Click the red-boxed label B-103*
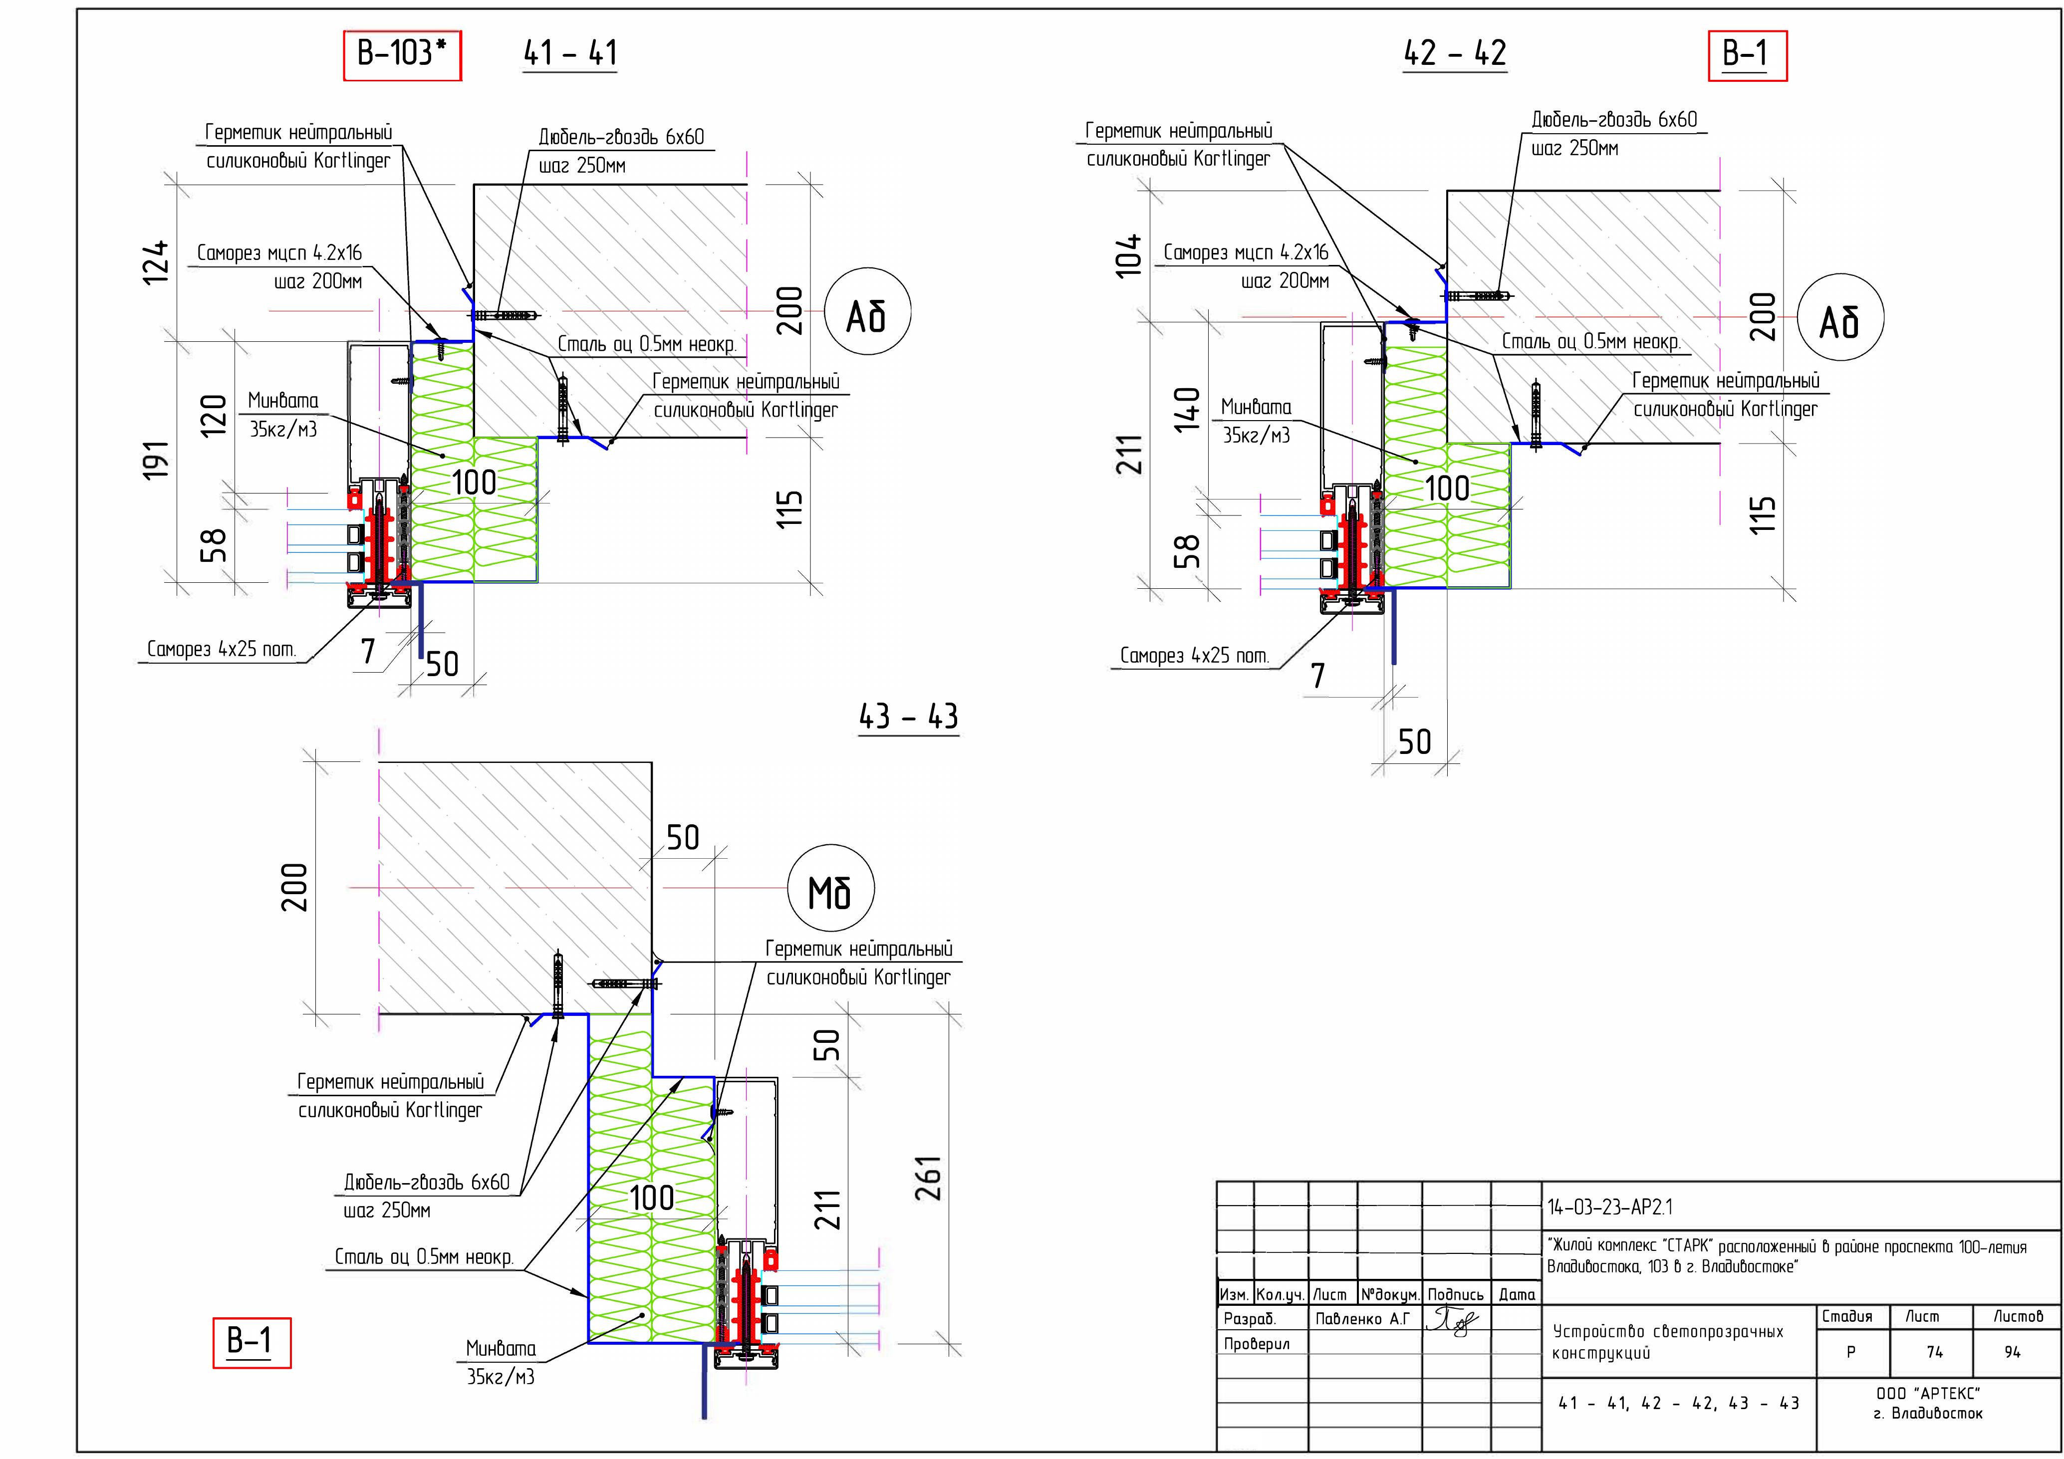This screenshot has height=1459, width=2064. tap(402, 55)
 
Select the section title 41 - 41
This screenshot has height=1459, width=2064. tap(570, 54)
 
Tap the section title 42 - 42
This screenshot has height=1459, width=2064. tap(1455, 54)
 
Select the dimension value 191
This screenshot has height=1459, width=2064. tap(156, 460)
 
